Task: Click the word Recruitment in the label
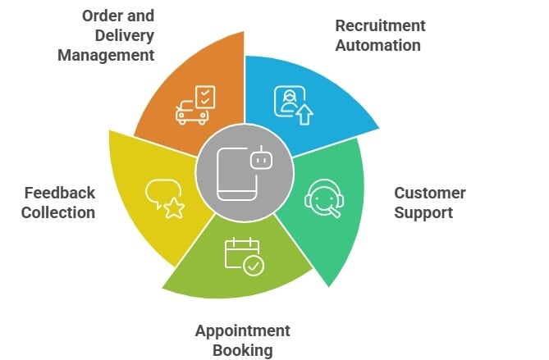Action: pyautogui.click(x=380, y=25)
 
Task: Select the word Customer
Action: pyautogui.click(x=429, y=194)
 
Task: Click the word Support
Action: pyautogui.click(x=423, y=213)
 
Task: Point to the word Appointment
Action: pyautogui.click(x=243, y=331)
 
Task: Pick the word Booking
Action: pyautogui.click(x=243, y=351)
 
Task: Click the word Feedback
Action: pyautogui.click(x=59, y=194)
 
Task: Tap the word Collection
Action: pyautogui.click(x=59, y=213)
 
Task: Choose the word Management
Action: pyautogui.click(x=107, y=56)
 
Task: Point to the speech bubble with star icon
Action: pyautogui.click(x=163, y=198)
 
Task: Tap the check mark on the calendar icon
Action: pyautogui.click(x=254, y=266)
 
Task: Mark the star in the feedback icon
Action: pyautogui.click(x=173, y=209)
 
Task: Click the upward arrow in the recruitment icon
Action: pyautogui.click(x=304, y=115)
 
